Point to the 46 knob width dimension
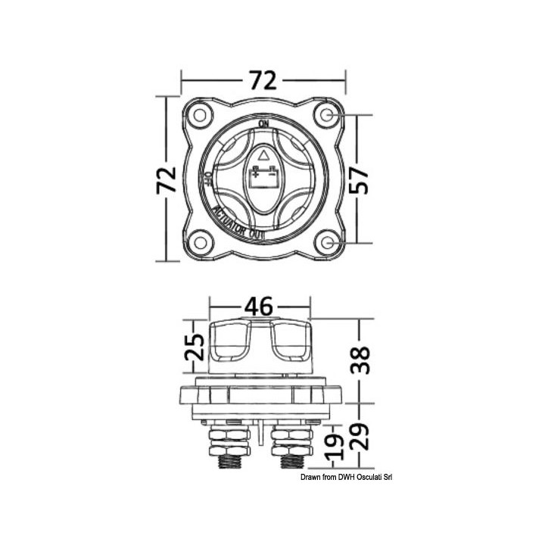point(259,307)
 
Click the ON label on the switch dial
point(263,123)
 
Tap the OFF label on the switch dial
point(207,180)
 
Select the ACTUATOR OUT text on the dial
point(239,224)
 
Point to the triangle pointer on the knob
point(263,155)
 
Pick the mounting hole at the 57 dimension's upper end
point(327,115)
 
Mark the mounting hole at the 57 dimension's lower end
point(327,243)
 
